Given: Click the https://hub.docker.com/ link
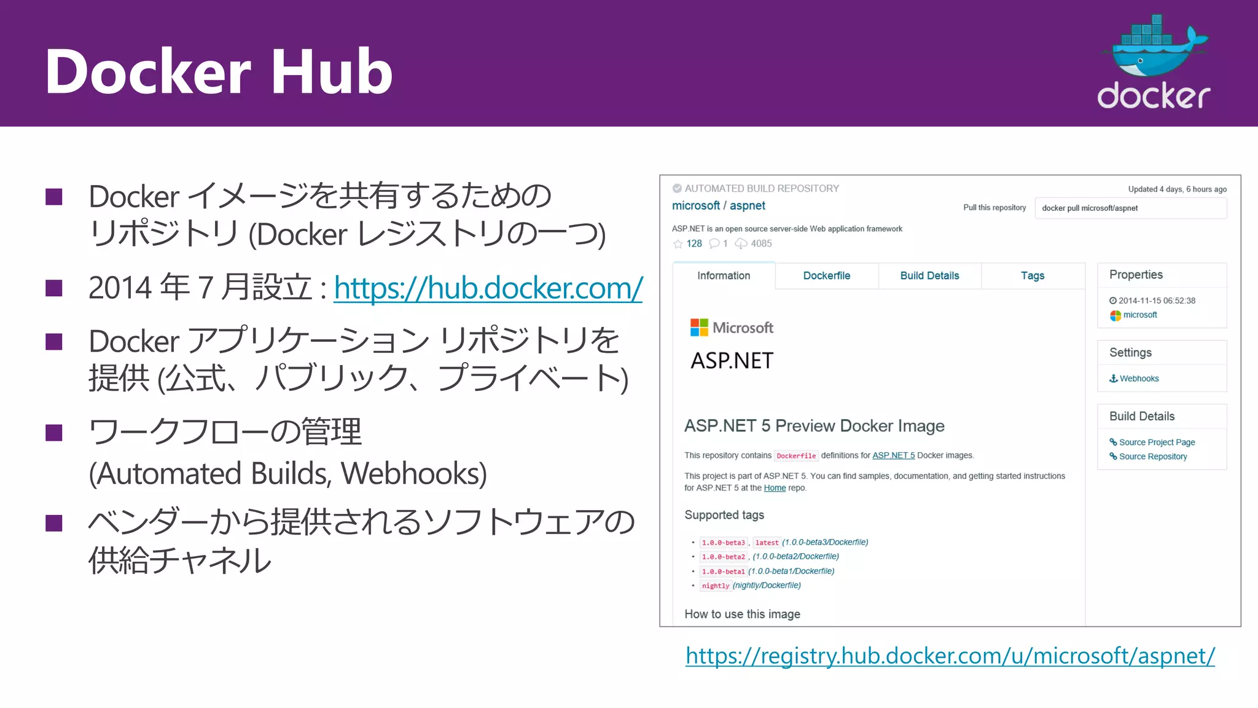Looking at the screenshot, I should point(488,288).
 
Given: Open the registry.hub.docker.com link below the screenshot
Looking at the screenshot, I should point(950,656).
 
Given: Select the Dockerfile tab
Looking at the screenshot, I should point(826,276).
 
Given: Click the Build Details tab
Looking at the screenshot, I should point(929,276).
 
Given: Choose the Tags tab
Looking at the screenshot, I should point(1033,276).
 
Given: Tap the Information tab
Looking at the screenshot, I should point(724,276).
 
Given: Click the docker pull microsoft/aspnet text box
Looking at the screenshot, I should point(1130,208).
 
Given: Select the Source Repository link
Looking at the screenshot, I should point(1152,457).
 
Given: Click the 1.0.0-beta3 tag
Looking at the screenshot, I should point(723,543).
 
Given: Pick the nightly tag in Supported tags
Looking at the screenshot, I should point(716,586).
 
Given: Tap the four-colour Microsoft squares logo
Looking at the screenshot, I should point(699,328).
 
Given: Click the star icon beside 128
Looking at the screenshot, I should point(678,244).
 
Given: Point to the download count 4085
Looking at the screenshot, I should point(761,244).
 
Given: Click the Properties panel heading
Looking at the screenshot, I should point(1136,275).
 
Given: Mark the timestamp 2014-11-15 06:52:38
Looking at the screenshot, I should point(1157,301).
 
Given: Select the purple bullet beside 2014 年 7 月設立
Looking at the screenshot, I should point(54,288).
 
